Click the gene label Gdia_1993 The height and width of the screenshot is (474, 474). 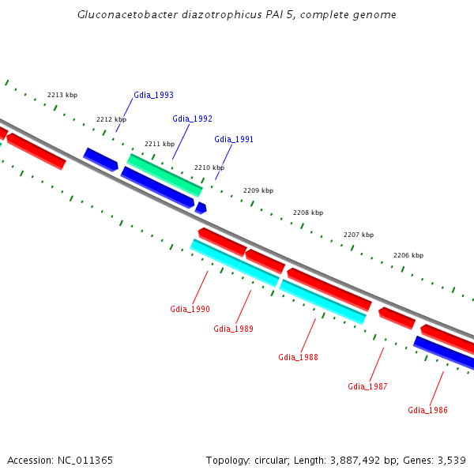[x=153, y=95]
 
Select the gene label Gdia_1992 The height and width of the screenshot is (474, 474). [x=192, y=118]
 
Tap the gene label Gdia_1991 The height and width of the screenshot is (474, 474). [x=234, y=139]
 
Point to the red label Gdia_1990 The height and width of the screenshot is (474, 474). [x=190, y=309]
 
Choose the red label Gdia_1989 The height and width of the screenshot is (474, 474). [x=233, y=329]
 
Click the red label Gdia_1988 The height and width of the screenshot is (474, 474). [x=298, y=357]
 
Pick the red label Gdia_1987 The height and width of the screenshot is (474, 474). [x=367, y=386]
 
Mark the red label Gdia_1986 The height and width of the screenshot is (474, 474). [x=427, y=410]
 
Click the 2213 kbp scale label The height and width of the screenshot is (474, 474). [x=62, y=95]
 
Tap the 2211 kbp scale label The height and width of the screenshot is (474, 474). [x=160, y=144]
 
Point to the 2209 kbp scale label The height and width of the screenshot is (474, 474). [x=258, y=190]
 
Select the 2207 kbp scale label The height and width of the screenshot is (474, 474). [x=359, y=235]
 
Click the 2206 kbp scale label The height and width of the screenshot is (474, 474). [x=408, y=255]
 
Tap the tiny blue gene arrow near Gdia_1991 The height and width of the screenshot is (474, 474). [x=201, y=208]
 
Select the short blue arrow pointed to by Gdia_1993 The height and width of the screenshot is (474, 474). [x=100, y=159]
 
